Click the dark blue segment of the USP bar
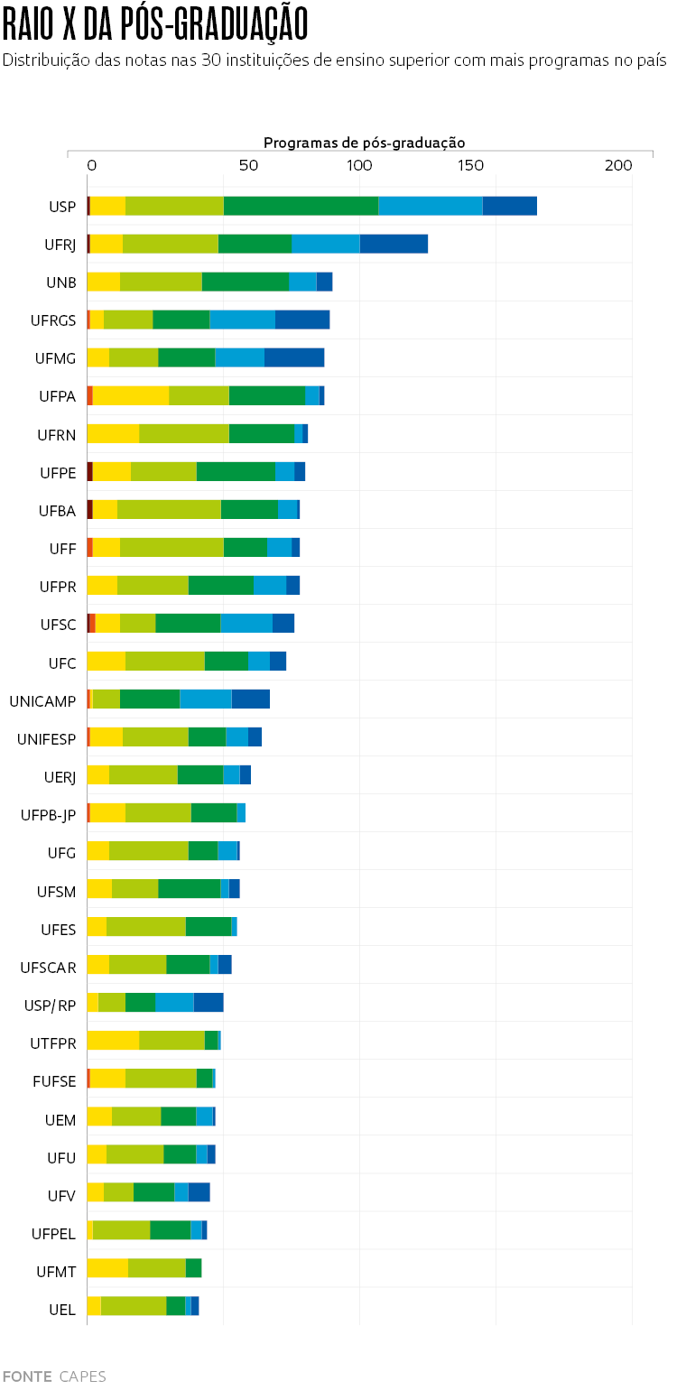pyautogui.click(x=509, y=206)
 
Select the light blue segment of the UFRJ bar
pyautogui.click(x=325, y=244)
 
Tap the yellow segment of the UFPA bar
pyautogui.click(x=131, y=395)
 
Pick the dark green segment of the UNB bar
pyautogui.click(x=245, y=282)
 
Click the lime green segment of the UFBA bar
pyautogui.click(x=169, y=509)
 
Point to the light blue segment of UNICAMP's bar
pyautogui.click(x=206, y=699)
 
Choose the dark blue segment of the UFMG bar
pyautogui.click(x=294, y=357)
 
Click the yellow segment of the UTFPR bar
pyautogui.click(x=113, y=1040)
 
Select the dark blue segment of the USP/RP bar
pyautogui.click(x=209, y=1002)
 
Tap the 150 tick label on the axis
pyautogui.click(x=471, y=165)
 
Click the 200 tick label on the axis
pyautogui.click(x=618, y=165)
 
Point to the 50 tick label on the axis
pyautogui.click(x=248, y=165)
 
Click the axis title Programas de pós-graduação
pyautogui.click(x=364, y=143)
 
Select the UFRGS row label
pyautogui.click(x=53, y=320)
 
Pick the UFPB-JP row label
pyautogui.click(x=48, y=814)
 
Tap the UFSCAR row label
pyautogui.click(x=48, y=967)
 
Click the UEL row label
pyautogui.click(x=61, y=1308)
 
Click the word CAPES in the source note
pyautogui.click(x=82, y=1376)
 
